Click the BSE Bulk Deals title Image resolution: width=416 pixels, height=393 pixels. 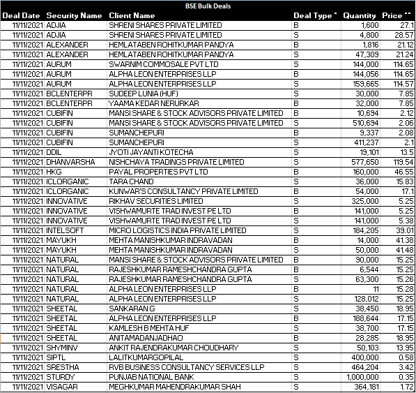[208, 6]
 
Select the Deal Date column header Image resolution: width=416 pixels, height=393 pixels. [21, 15]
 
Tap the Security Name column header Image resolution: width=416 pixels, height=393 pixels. [74, 15]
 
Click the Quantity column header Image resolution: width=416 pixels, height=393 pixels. [360, 15]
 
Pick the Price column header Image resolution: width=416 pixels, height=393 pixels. [392, 15]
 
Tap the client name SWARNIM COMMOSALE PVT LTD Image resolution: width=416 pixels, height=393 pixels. [154, 64]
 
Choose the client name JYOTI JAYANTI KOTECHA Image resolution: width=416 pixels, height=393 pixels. [151, 152]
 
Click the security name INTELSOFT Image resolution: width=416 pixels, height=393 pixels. [63, 230]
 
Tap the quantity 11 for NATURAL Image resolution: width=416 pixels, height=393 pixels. [376, 289]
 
